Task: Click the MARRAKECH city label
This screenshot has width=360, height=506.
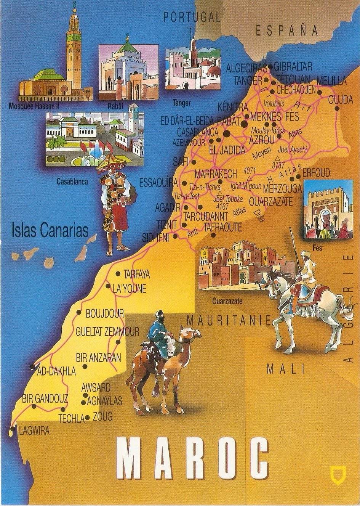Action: coord(216,174)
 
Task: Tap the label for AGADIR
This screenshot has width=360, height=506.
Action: coord(168,208)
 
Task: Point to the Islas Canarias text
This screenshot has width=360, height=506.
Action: coord(50,230)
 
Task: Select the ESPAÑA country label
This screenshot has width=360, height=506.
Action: coord(286,31)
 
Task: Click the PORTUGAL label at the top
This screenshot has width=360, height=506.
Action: coord(192,17)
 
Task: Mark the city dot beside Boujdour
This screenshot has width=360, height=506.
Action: coord(79,313)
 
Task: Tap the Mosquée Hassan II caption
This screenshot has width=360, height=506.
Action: coord(34,106)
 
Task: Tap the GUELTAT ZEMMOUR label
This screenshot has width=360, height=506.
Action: coord(107,332)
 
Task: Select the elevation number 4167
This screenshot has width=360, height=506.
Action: coord(222,206)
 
